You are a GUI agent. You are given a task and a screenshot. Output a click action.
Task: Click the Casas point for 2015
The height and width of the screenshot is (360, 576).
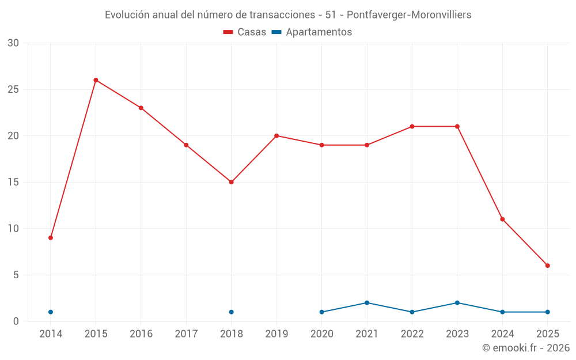point(96,80)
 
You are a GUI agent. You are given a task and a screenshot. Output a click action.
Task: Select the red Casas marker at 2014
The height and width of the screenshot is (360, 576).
point(51,238)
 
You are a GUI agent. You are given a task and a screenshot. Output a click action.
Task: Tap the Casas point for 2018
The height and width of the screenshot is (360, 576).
point(231,182)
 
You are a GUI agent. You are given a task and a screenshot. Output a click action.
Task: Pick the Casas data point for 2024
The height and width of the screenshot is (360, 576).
point(502,219)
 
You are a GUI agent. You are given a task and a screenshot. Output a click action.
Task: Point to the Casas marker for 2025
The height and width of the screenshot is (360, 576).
point(548,266)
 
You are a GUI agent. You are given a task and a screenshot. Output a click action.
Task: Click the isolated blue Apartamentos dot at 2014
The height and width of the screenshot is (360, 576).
point(51,312)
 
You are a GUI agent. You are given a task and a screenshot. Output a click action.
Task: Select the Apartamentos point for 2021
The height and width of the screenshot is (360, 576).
point(367,303)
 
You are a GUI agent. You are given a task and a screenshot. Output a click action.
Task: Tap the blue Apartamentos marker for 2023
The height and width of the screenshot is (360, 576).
point(457,303)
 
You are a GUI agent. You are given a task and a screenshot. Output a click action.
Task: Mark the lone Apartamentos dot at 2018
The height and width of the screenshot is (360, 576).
point(231,312)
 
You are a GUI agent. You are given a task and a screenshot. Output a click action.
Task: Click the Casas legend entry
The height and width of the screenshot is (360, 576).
point(245,32)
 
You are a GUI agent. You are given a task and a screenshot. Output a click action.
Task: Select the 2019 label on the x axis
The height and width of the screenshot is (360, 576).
point(276,334)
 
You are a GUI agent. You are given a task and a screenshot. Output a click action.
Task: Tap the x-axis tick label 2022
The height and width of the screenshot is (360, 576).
point(412,334)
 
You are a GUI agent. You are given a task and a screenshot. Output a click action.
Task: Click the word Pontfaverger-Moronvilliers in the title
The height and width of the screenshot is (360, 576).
point(409,15)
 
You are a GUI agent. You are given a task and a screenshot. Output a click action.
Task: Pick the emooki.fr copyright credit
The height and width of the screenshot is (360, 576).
point(526,348)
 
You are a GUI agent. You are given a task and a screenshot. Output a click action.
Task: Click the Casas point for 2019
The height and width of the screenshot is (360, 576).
point(276,136)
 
